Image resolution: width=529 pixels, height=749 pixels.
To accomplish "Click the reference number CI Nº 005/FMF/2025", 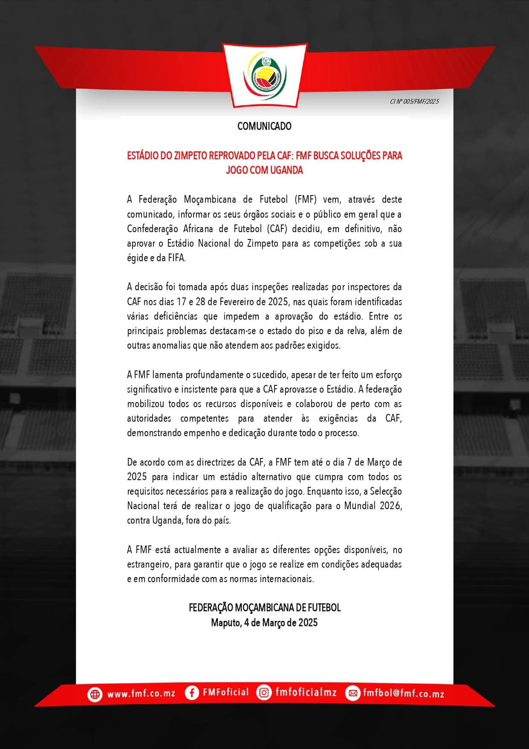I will [x=414, y=102].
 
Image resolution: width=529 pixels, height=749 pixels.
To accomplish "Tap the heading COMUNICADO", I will [x=264, y=126].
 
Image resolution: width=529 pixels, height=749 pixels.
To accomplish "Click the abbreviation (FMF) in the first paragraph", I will [x=306, y=200].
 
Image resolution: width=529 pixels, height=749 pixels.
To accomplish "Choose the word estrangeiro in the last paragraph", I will [x=148, y=565].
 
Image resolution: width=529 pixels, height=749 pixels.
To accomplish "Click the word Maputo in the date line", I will [x=225, y=623].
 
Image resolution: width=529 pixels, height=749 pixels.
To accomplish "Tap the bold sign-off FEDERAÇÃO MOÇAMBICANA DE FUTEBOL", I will [x=264, y=608].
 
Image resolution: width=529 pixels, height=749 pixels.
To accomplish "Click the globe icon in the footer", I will [x=95, y=694].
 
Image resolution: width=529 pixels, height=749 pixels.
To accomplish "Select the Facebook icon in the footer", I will [x=192, y=693].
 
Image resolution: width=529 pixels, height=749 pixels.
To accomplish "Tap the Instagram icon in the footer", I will [x=264, y=693].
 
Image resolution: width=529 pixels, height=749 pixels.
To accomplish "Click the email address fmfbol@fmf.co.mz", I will [x=403, y=694].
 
